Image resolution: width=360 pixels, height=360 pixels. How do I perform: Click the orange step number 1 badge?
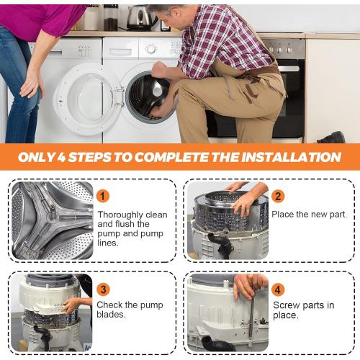coord(103,196)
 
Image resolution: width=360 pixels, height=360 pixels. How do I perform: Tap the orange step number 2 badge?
coord(278,196)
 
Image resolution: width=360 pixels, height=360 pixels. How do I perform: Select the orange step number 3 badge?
coord(103,289)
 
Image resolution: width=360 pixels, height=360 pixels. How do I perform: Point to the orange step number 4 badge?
coord(278,289)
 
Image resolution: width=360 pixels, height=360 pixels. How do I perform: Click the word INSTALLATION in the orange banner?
coord(291,157)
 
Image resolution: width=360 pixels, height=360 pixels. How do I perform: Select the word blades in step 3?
coord(111,315)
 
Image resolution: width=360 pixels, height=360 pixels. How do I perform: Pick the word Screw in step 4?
coord(287,305)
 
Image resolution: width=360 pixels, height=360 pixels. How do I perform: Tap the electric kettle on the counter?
coord(140,18)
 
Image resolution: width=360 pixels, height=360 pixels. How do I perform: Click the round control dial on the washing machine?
coord(151,49)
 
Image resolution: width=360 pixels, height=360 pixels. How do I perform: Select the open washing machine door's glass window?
coord(89,99)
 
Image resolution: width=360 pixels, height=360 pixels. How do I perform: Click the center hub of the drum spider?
coord(52,214)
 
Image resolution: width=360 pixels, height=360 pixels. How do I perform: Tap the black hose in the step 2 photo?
coord(221,245)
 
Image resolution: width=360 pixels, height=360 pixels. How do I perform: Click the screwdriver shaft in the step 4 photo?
coord(251,312)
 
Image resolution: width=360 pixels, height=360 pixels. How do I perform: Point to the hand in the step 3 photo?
coord(70,305)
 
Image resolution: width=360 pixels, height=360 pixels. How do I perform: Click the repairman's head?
coord(167,17)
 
